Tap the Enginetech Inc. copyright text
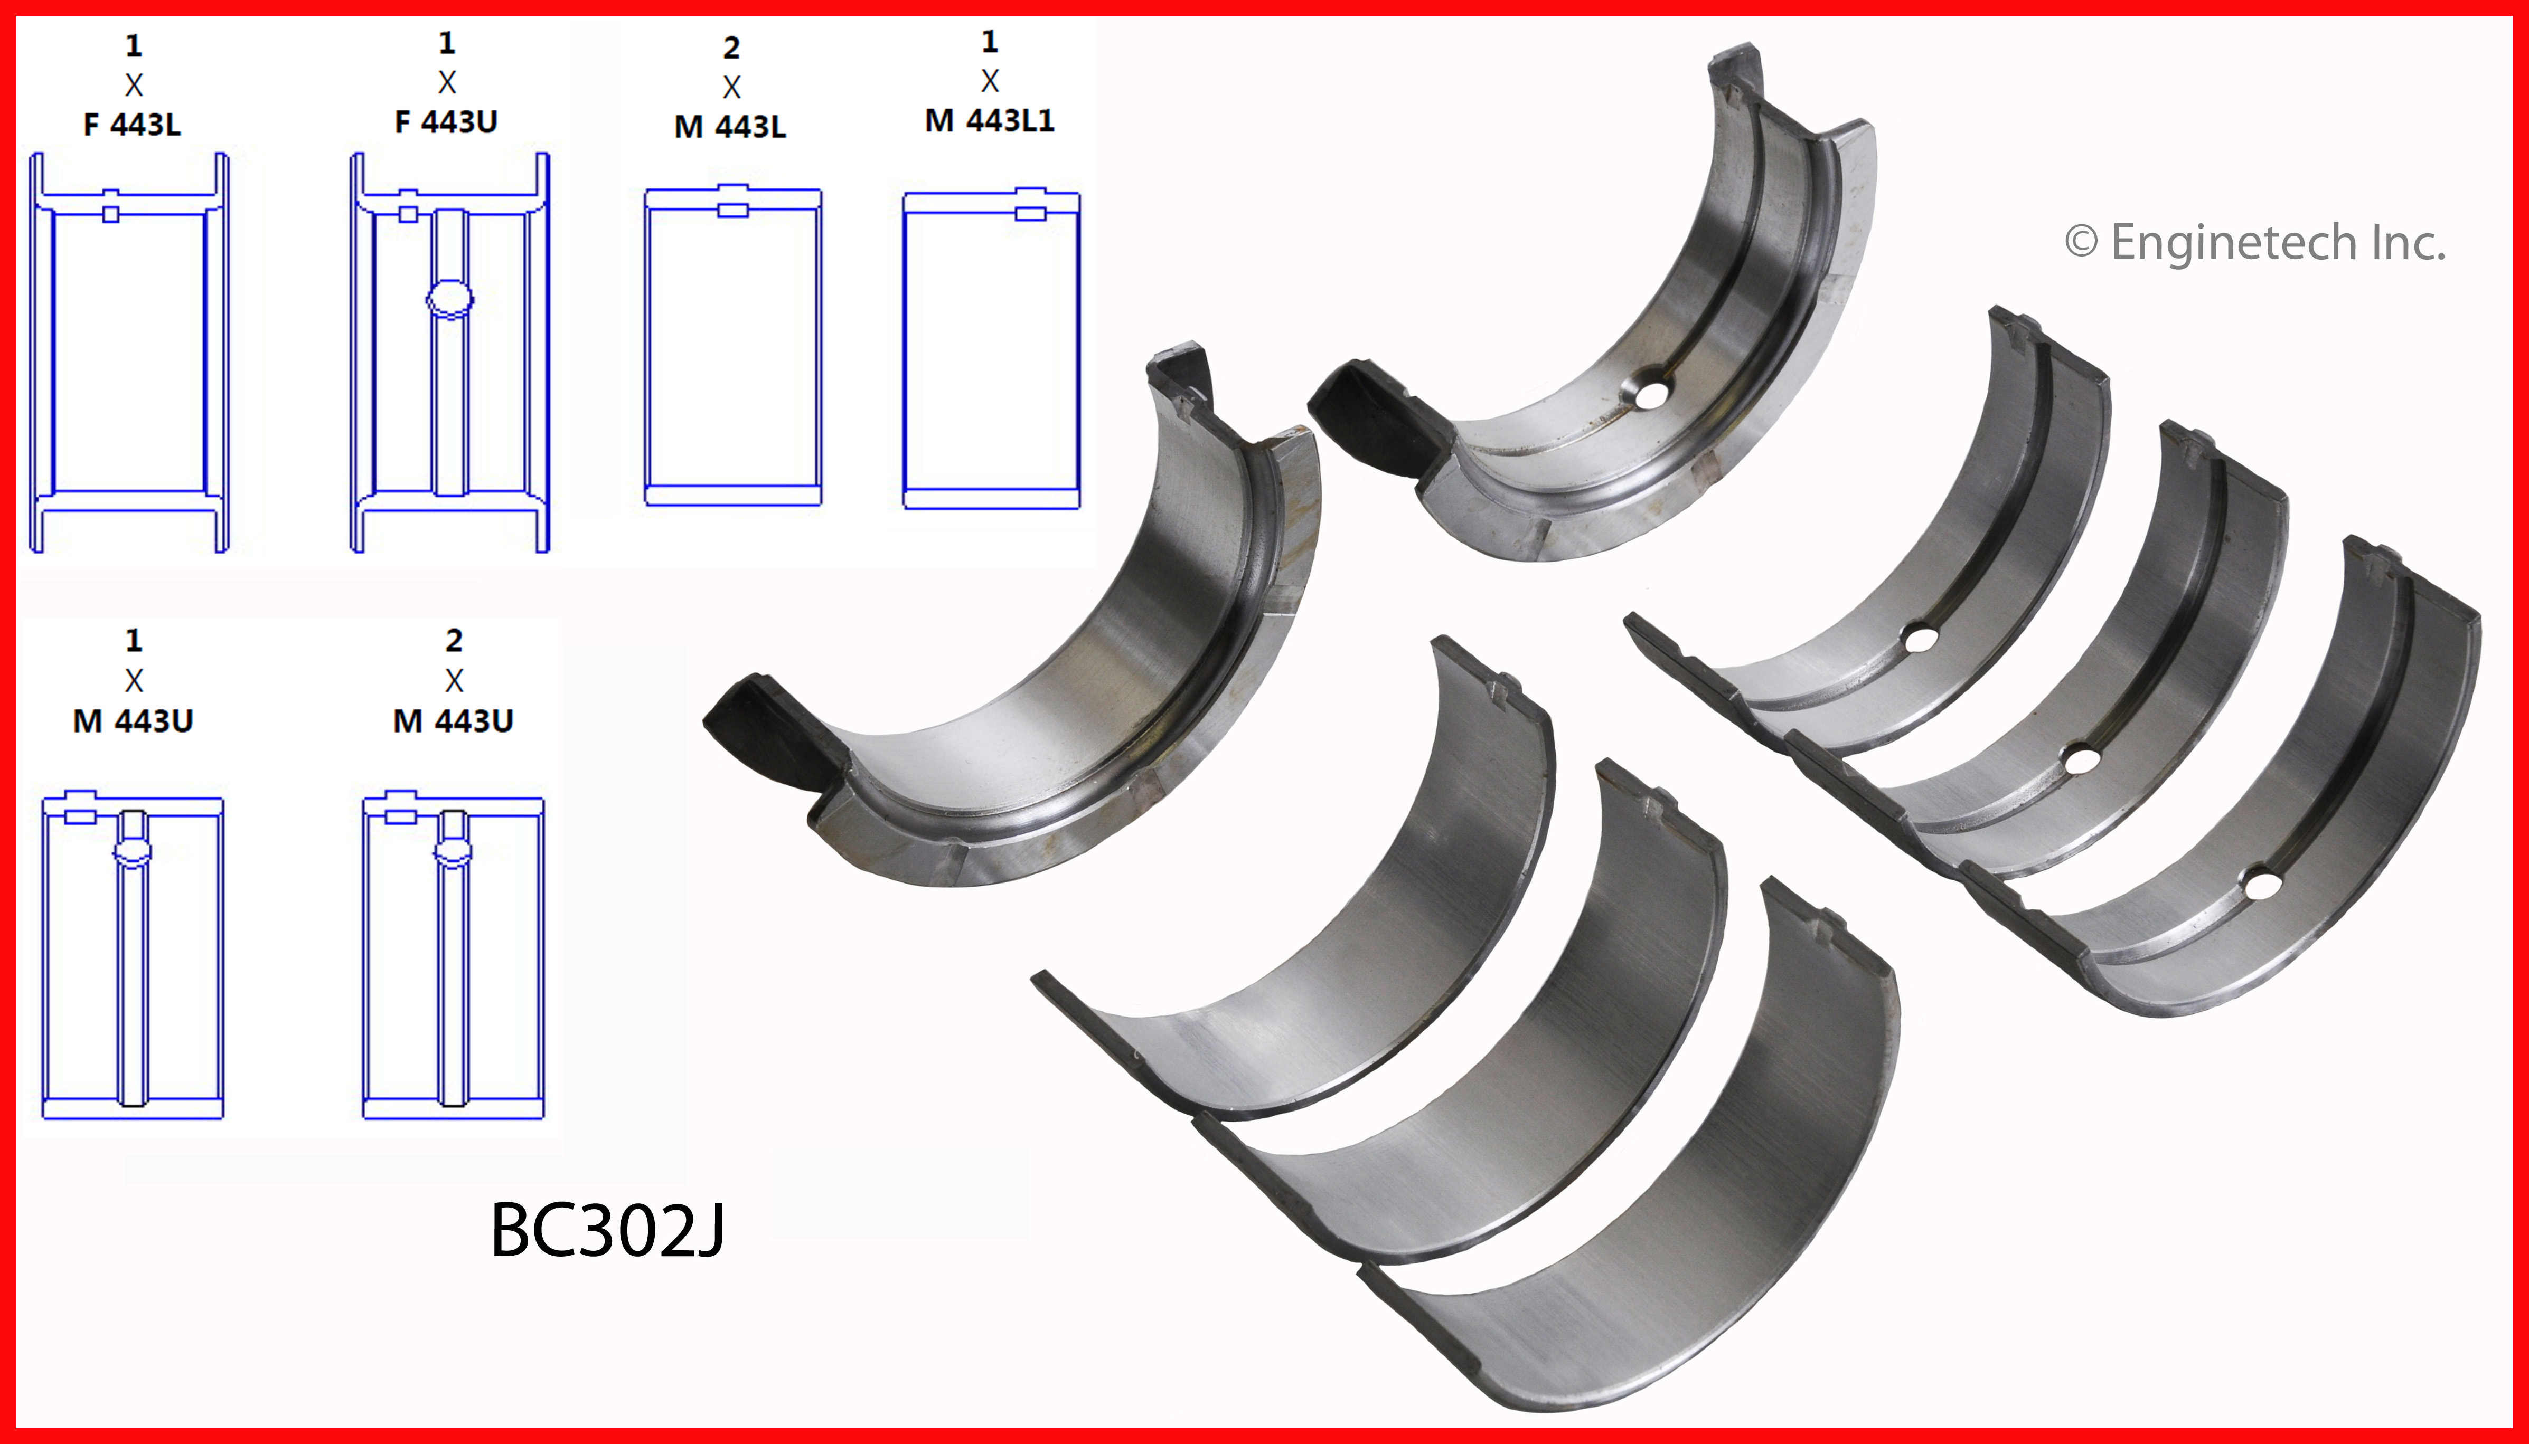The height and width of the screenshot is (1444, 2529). pyautogui.click(x=2254, y=243)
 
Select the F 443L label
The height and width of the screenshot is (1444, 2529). pyautogui.click(x=132, y=125)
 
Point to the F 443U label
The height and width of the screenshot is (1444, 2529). pyautogui.click(x=446, y=122)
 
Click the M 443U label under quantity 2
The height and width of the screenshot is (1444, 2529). pyautogui.click(x=454, y=721)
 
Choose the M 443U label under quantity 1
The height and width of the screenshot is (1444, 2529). pyautogui.click(x=133, y=721)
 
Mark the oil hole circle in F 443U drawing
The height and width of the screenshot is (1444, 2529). pyautogui.click(x=449, y=299)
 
